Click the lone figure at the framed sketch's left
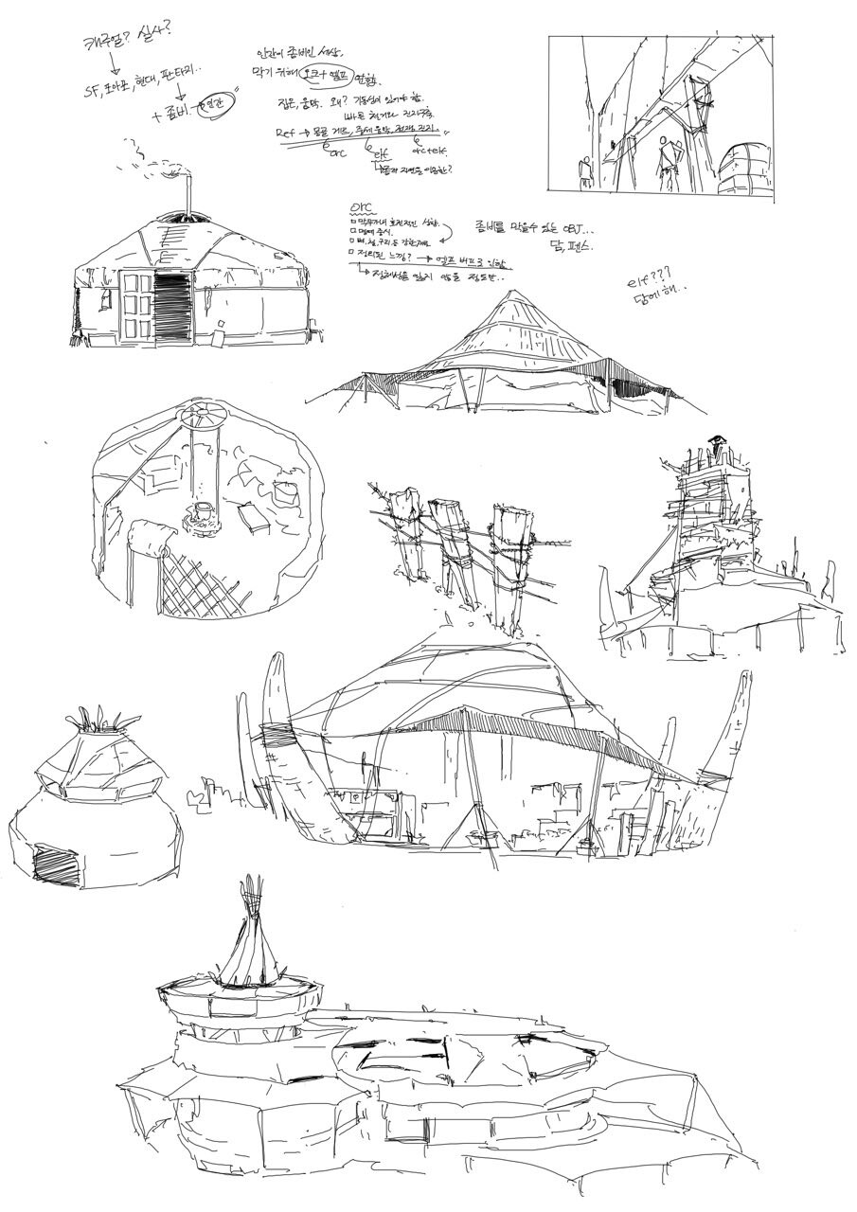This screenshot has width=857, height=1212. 586,170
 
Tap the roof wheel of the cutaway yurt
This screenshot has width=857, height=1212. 204,413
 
